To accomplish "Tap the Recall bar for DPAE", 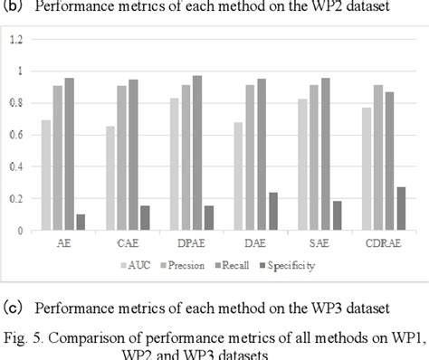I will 197,153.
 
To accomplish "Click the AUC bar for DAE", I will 238,176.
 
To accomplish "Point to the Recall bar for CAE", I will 134,155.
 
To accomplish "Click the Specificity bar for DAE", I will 273,212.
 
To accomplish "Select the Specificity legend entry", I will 281,265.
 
